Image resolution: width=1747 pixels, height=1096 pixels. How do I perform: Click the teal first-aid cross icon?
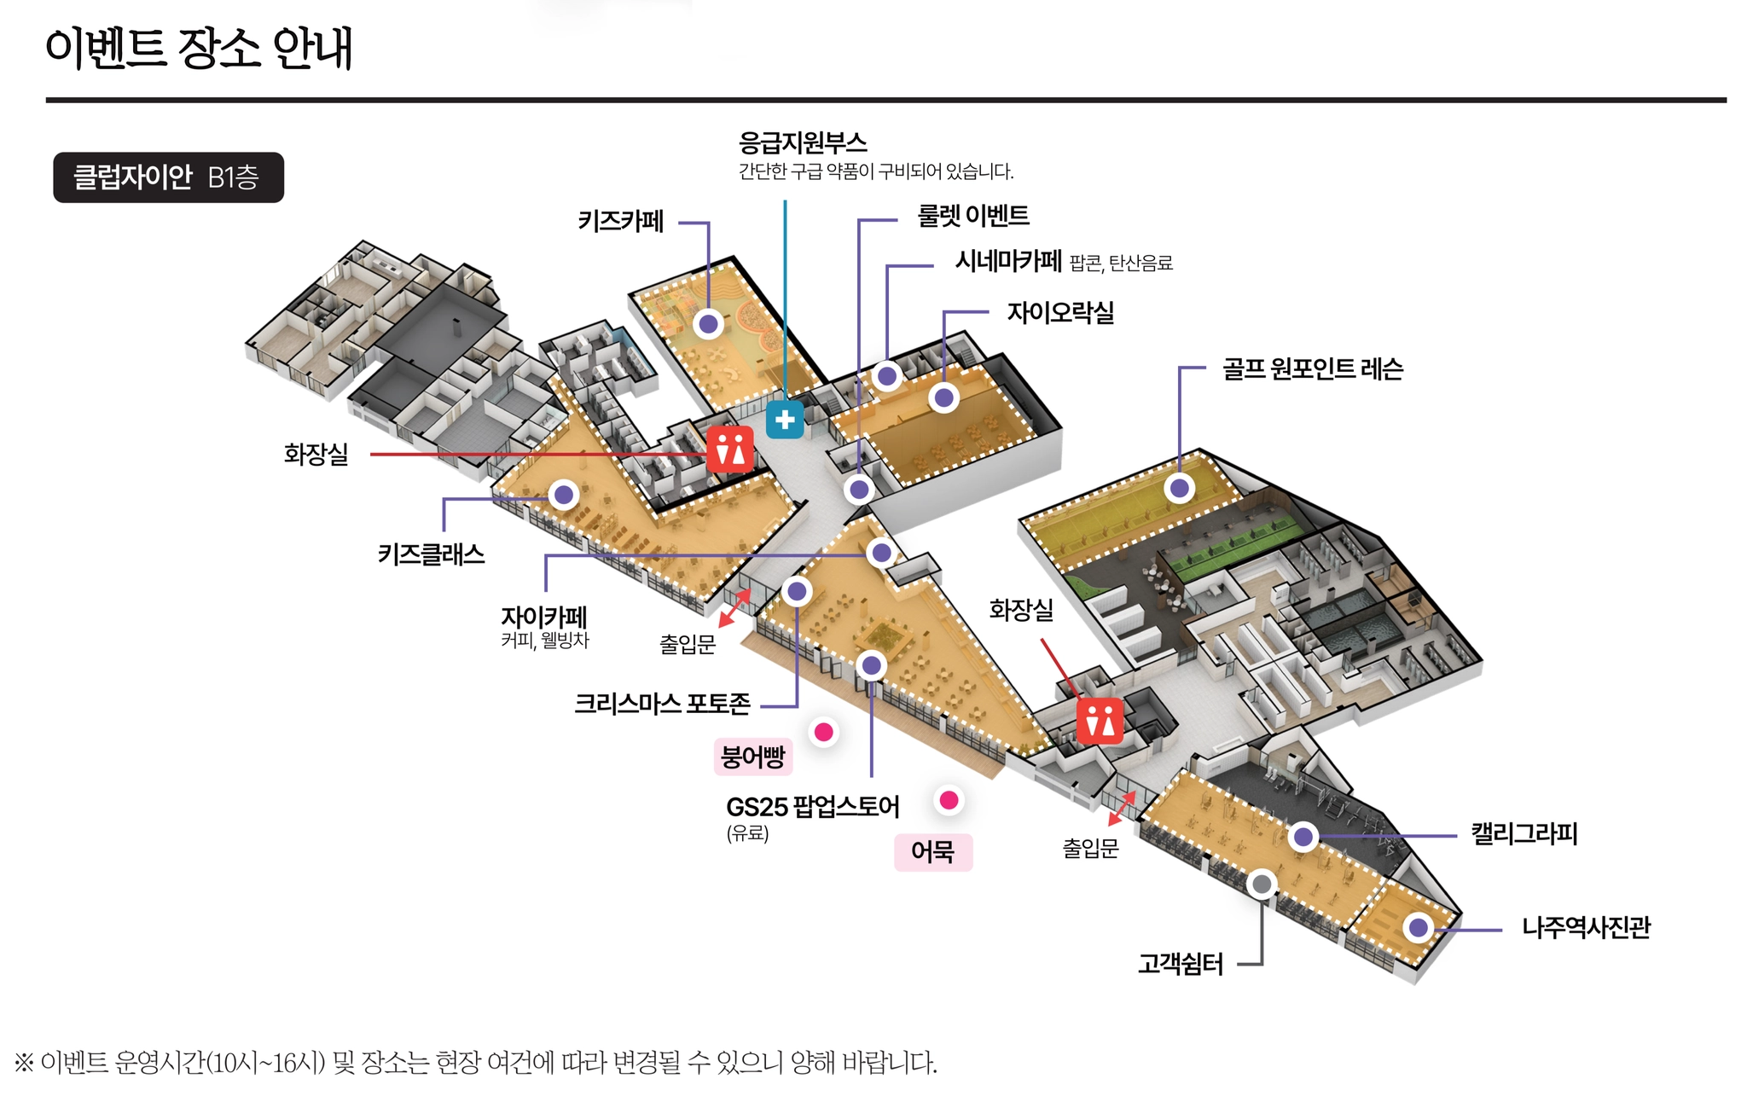(x=785, y=420)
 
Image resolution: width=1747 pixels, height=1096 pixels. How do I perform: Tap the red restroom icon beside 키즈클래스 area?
(x=730, y=449)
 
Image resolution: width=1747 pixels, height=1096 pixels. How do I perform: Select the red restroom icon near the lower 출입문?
(x=1100, y=721)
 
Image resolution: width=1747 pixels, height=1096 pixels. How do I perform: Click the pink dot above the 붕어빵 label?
(x=823, y=732)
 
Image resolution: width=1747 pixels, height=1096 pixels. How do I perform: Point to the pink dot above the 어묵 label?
(x=949, y=800)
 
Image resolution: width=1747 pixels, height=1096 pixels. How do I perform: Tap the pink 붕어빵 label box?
(x=752, y=757)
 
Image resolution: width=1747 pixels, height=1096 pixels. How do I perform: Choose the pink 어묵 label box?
(x=932, y=851)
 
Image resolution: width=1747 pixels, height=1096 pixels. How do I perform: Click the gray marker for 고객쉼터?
(x=1262, y=884)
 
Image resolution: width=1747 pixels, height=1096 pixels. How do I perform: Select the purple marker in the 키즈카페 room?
(x=708, y=324)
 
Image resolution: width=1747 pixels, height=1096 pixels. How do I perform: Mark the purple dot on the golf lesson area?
(x=1180, y=489)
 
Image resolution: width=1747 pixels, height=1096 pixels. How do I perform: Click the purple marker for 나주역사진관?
(x=1418, y=927)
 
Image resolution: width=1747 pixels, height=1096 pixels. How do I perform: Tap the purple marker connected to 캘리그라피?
(x=1303, y=837)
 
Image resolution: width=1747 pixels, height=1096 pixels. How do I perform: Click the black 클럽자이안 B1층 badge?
(x=168, y=177)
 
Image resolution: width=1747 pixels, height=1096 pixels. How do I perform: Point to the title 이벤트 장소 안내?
(x=199, y=48)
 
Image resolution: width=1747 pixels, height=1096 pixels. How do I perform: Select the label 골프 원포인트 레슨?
(x=1312, y=369)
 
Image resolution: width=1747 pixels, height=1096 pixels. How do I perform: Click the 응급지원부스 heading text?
(x=802, y=142)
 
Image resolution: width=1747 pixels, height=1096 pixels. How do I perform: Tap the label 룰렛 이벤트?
(x=972, y=216)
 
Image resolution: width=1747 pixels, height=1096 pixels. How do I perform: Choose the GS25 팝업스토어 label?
(x=812, y=807)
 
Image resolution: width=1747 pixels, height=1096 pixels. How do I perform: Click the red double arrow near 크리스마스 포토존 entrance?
(x=734, y=606)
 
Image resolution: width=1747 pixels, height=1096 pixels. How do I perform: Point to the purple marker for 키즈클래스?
(x=563, y=495)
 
